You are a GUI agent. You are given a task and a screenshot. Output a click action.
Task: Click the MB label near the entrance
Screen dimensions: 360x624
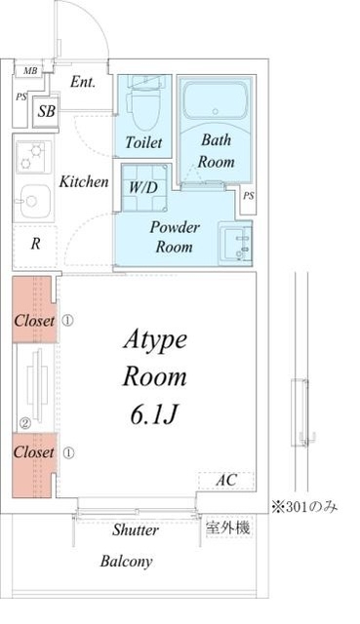pyautogui.click(x=30, y=71)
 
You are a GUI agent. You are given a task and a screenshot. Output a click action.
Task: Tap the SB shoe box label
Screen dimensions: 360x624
pyautogui.click(x=46, y=111)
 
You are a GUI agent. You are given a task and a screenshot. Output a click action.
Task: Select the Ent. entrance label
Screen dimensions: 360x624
pyautogui.click(x=83, y=82)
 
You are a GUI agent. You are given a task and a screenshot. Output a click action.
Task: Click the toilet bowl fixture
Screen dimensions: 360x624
pyautogui.click(x=143, y=108)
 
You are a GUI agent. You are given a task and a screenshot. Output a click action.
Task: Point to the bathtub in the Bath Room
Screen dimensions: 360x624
pyautogui.click(x=216, y=100)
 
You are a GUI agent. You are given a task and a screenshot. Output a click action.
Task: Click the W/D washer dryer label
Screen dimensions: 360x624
pyautogui.click(x=143, y=187)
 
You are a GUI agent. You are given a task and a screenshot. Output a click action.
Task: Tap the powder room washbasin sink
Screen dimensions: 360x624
pyautogui.click(x=235, y=243)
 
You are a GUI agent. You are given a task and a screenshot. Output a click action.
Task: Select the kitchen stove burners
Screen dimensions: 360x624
pyautogui.click(x=33, y=157)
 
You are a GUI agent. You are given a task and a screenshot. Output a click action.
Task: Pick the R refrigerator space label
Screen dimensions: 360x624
pyautogui.click(x=35, y=244)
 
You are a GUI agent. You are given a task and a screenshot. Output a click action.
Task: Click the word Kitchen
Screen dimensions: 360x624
pyautogui.click(x=84, y=182)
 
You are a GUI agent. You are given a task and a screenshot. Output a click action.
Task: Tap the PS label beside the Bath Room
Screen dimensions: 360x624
pyautogui.click(x=249, y=196)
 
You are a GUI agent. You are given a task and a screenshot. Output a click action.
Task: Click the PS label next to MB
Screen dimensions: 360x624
pyautogui.click(x=21, y=97)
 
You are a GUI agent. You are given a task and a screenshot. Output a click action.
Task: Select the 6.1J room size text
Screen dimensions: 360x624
pyautogui.click(x=154, y=415)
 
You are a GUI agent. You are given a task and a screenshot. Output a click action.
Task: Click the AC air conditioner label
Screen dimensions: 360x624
pyautogui.click(x=226, y=480)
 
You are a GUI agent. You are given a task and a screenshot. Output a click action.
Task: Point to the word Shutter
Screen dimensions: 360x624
pyautogui.click(x=136, y=529)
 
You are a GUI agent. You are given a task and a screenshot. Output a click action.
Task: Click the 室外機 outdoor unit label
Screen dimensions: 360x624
pyautogui.click(x=227, y=527)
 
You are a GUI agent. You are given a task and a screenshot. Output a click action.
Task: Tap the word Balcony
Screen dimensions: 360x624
pyautogui.click(x=126, y=562)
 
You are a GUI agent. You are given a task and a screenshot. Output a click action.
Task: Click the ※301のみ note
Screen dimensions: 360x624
pyautogui.click(x=304, y=507)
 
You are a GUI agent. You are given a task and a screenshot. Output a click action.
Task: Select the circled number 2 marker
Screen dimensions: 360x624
pyautogui.click(x=25, y=424)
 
